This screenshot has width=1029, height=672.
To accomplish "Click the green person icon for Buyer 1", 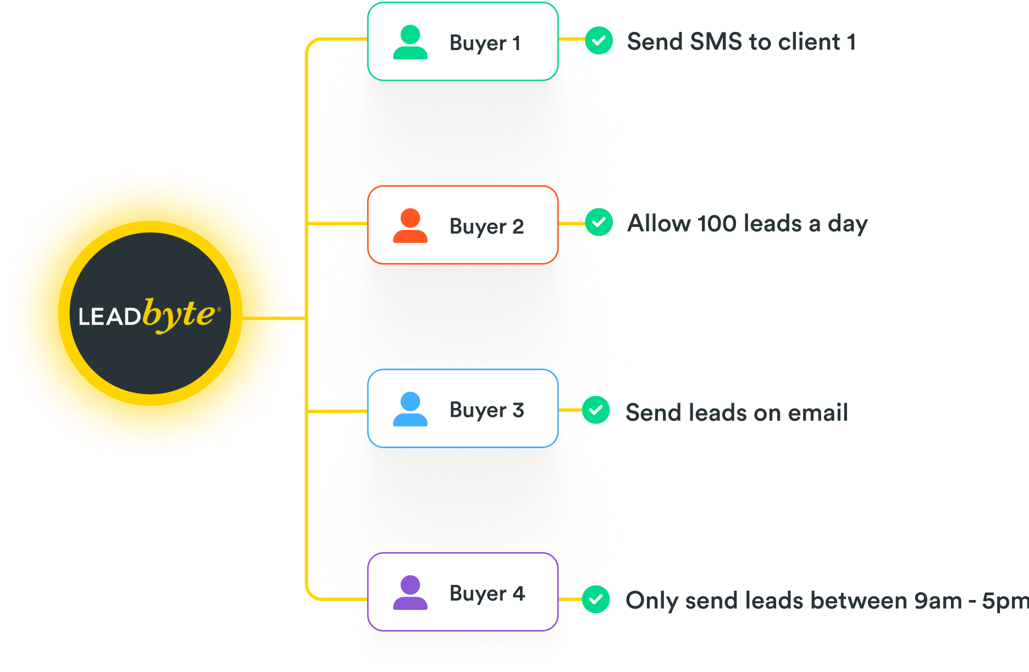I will [x=410, y=42].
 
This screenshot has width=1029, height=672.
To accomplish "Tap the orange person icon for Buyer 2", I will [x=410, y=226].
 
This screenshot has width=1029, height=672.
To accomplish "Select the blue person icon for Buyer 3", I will [x=410, y=409].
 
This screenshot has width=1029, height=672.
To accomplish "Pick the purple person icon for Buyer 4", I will [x=410, y=593].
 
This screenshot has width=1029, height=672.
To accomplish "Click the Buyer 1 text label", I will [x=485, y=43].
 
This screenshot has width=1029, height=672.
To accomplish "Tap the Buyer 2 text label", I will [x=486, y=227].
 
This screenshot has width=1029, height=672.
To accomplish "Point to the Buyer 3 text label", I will [x=486, y=410].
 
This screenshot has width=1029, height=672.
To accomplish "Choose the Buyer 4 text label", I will [x=487, y=594].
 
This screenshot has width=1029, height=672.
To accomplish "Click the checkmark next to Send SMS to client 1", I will [x=599, y=41].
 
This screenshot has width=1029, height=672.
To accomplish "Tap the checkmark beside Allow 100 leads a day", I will [x=599, y=222].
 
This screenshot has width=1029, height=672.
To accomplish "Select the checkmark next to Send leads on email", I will [x=596, y=410].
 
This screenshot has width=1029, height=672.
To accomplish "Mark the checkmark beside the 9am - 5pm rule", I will [x=596, y=599].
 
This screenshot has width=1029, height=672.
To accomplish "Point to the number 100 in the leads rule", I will [x=716, y=224].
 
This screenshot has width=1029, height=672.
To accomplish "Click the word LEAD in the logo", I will [x=109, y=317].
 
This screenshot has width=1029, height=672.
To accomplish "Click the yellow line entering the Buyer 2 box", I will [x=336, y=224].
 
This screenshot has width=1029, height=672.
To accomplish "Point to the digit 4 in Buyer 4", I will [x=518, y=593].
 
